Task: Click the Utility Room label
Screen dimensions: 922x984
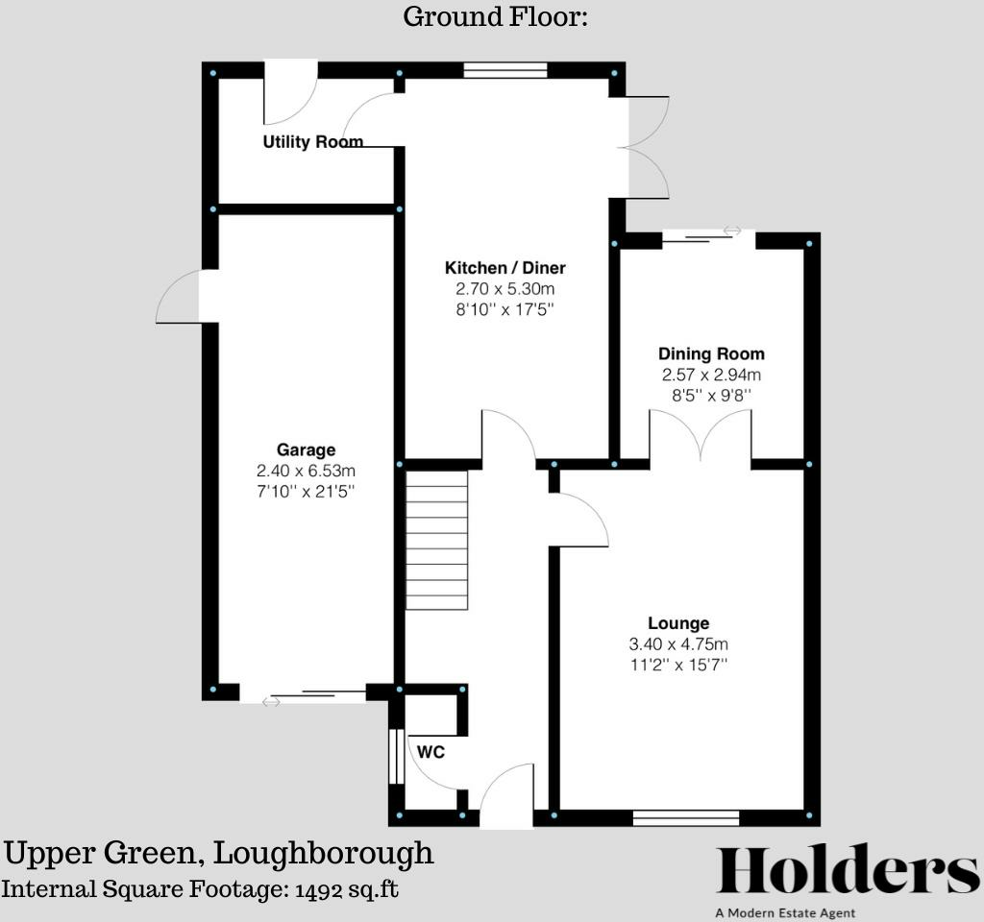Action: [313, 142]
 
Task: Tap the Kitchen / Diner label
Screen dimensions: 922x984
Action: [504, 267]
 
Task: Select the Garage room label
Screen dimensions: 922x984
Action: [306, 449]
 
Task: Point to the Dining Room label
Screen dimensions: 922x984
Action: [711, 353]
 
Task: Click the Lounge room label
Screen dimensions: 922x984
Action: [678, 623]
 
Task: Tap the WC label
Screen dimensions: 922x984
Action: [431, 752]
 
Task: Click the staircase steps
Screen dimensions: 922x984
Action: [437, 540]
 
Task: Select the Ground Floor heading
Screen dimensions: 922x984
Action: [495, 16]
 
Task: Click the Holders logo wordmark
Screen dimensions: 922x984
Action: [848, 872]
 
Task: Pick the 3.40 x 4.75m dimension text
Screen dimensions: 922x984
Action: [679, 643]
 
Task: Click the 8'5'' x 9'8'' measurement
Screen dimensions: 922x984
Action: [711, 395]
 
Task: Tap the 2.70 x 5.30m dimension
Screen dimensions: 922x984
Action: [504, 288]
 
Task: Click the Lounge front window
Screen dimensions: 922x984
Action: [685, 817]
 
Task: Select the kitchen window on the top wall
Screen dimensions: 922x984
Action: [505, 69]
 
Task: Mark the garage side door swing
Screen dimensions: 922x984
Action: [180, 298]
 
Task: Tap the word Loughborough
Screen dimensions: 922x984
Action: [323, 853]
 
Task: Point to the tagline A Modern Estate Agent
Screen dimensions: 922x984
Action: [784, 912]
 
